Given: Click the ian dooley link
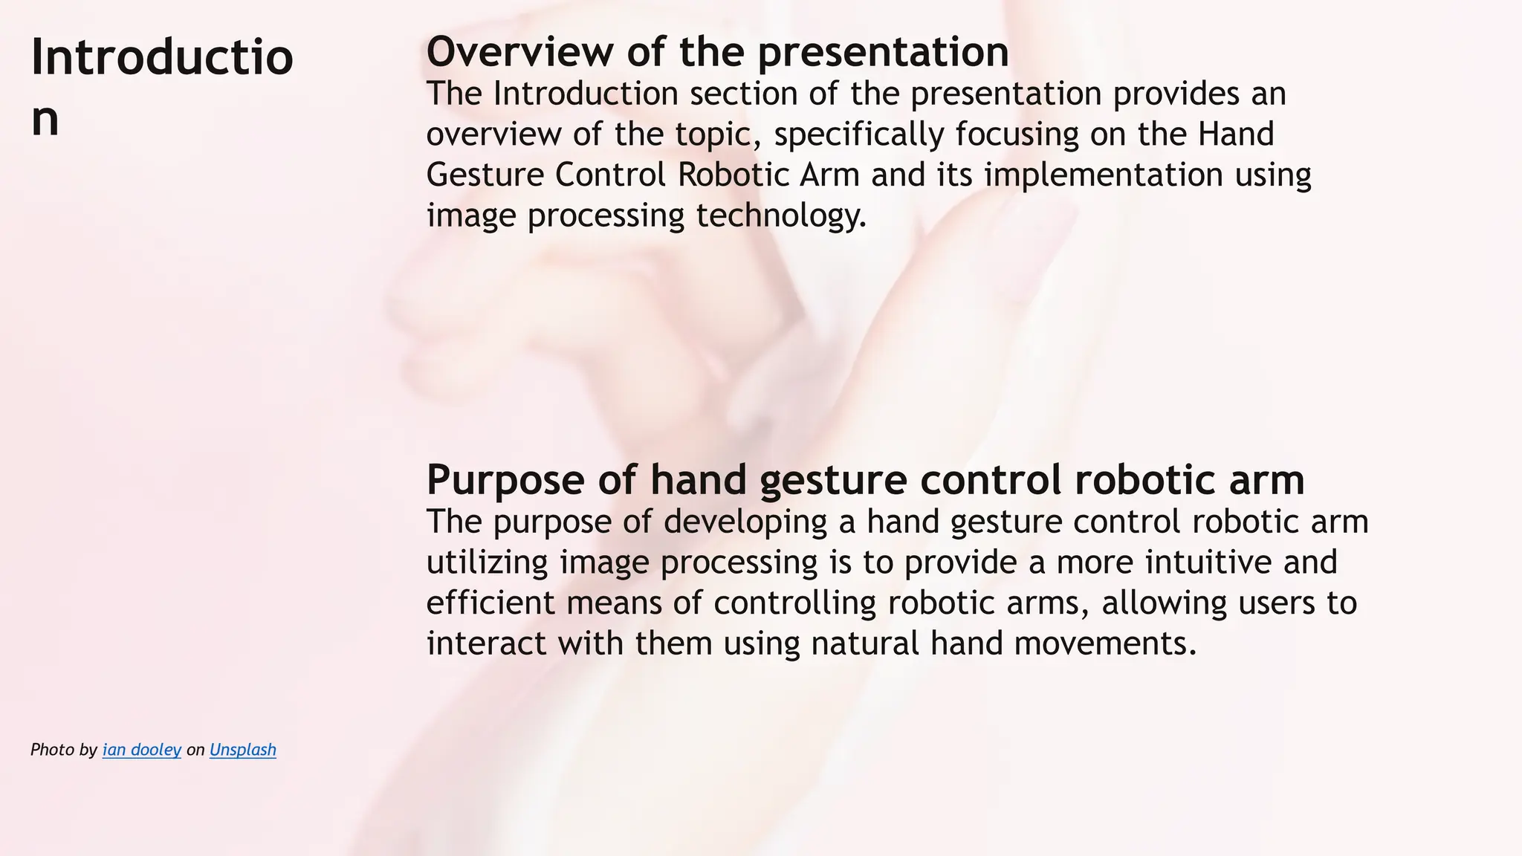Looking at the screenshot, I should pos(142,750).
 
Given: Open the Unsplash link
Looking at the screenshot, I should pos(243,750).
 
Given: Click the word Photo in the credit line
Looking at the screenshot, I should pos(52,750).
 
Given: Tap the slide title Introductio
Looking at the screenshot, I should pos(162,57).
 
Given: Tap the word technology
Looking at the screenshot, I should pos(781,216).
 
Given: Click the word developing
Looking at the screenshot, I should pos(745,522).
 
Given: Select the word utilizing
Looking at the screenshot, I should pos(487,562).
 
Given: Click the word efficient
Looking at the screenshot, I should pos(490,603).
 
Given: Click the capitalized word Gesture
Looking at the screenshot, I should pos(485,175).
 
